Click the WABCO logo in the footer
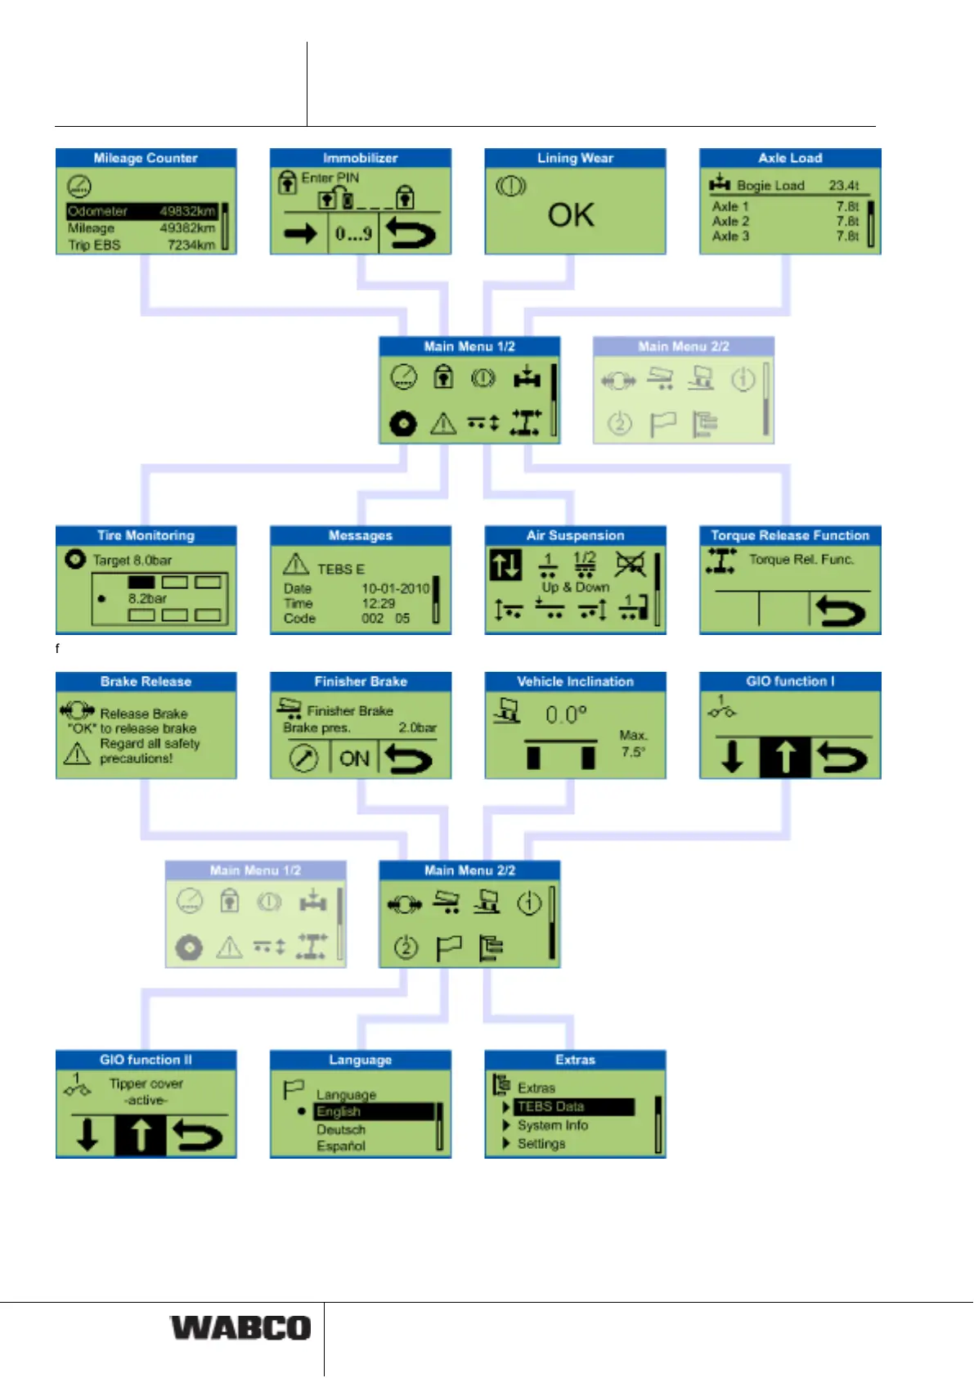click(240, 1327)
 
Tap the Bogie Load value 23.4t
click(843, 186)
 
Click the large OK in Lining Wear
click(571, 215)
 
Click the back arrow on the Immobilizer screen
click(411, 234)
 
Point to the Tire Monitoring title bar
click(146, 535)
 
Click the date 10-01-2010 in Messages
click(395, 588)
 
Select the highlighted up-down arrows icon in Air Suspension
click(505, 565)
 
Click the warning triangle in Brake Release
click(77, 753)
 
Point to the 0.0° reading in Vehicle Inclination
click(566, 715)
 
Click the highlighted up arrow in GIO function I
click(784, 757)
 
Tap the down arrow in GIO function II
click(87, 1135)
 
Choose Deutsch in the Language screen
click(341, 1129)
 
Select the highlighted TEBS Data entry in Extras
click(574, 1107)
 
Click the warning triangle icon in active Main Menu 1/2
click(442, 424)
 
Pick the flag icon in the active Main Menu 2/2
click(449, 948)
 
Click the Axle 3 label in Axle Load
click(730, 236)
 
